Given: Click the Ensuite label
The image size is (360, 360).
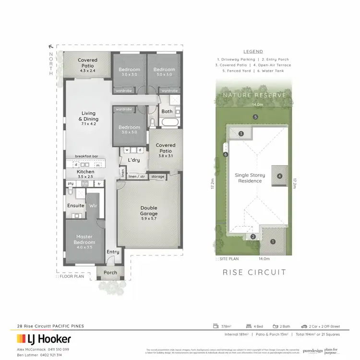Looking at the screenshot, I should [76, 205].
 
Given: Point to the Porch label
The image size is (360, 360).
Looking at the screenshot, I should [110, 273].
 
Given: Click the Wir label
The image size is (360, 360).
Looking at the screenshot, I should [93, 205].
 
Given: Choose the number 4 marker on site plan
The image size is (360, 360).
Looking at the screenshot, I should [279, 176].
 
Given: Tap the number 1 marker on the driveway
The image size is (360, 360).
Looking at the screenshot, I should [272, 241].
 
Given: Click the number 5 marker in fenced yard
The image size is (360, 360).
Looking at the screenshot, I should [256, 117].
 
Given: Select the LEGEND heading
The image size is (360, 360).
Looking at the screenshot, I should [253, 51].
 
